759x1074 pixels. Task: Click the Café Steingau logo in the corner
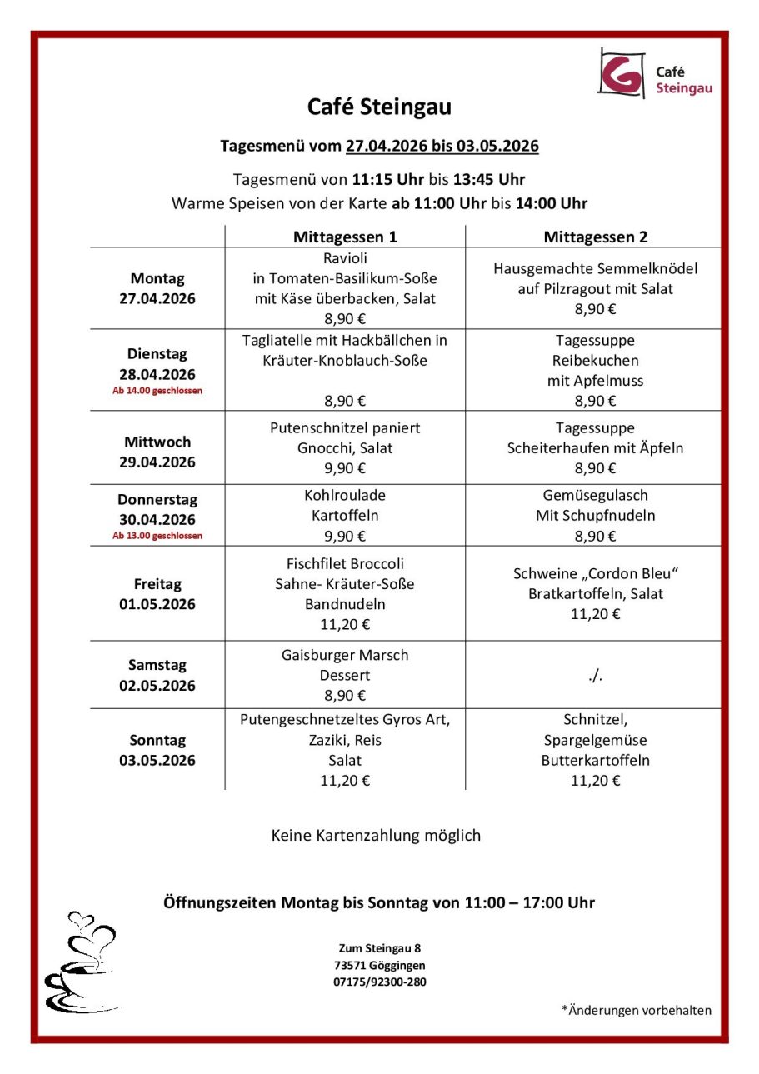point(654,73)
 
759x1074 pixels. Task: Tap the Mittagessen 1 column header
point(345,237)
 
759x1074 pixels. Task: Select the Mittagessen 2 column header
point(595,237)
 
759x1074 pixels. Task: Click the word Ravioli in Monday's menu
point(345,258)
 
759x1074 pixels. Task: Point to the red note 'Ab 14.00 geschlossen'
point(157,390)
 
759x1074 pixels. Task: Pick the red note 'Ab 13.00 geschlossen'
point(157,536)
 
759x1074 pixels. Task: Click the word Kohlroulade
point(345,495)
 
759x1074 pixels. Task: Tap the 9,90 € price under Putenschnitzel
point(345,468)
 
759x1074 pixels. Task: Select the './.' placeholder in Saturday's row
point(595,675)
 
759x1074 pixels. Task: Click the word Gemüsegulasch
point(595,495)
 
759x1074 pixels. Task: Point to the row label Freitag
point(157,584)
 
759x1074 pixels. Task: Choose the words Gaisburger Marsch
point(345,655)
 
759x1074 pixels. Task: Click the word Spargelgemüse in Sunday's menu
point(595,740)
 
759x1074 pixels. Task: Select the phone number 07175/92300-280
point(380,982)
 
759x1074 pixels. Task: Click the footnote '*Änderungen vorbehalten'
point(637,1010)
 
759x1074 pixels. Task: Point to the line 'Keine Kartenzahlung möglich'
point(376,835)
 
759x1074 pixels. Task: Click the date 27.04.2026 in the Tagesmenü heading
point(386,146)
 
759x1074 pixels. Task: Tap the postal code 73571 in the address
point(350,965)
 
